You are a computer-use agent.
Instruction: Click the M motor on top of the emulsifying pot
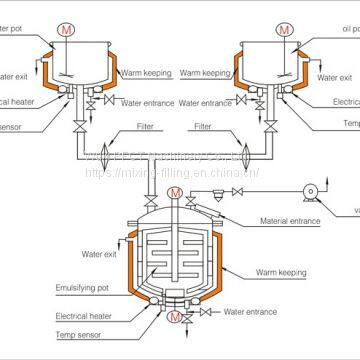tap(176, 192)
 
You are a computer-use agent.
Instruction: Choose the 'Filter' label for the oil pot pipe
tap(207, 127)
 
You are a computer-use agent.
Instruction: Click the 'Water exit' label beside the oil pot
tap(333, 74)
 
